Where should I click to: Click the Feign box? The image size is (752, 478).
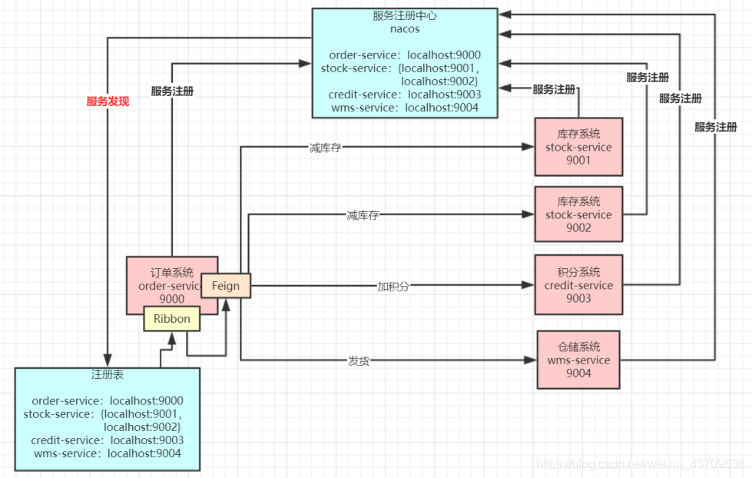226,286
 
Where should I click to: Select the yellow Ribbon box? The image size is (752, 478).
171,318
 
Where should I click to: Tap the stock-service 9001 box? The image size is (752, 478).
578,147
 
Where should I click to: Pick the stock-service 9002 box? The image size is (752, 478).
578,215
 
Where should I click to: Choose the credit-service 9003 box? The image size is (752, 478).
578,285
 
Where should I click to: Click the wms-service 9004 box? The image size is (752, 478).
578,360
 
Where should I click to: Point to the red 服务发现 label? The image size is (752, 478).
108,101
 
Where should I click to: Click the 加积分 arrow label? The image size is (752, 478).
393,286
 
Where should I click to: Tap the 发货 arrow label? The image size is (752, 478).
359,360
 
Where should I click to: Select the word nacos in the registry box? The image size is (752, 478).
404,30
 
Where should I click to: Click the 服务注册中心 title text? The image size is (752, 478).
404,16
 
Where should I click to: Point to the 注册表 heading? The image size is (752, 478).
108,375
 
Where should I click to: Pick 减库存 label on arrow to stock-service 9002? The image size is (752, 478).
363,215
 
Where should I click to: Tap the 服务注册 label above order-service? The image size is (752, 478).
172,91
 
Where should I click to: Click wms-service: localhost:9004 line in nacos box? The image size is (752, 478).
405,108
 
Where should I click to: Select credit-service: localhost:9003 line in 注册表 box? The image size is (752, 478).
107,440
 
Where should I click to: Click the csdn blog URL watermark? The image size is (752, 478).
640,463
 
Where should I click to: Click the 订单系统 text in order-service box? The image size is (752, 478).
172,272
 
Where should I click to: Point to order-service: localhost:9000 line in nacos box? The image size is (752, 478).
405,55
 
